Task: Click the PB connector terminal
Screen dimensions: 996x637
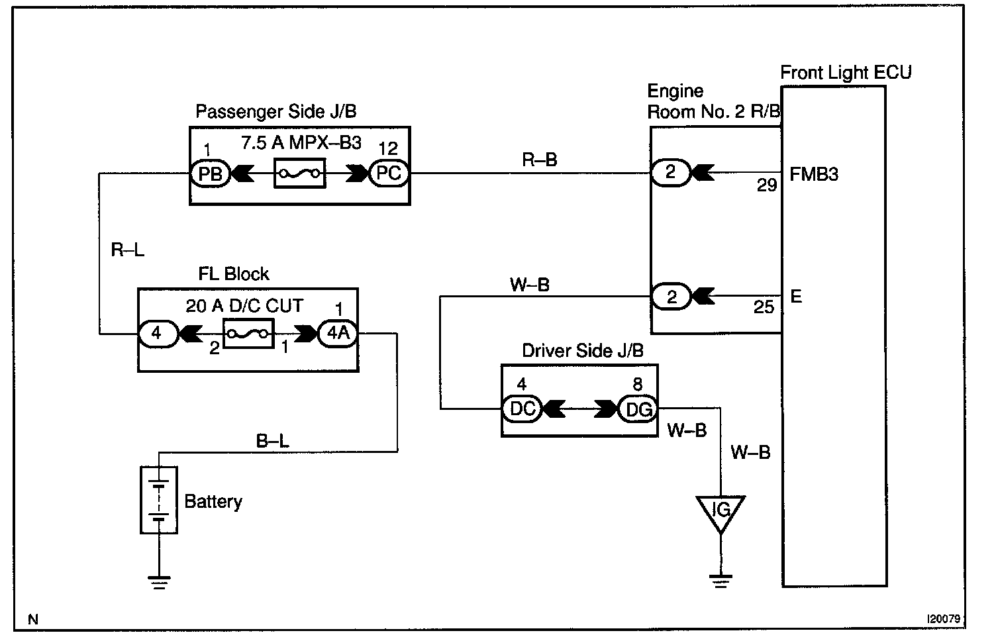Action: (211, 173)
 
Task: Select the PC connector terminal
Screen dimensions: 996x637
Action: (389, 173)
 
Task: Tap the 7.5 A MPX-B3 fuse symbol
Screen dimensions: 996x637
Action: (300, 173)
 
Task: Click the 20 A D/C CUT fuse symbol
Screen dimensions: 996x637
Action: (248, 333)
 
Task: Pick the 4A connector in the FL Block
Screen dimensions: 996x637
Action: (338, 333)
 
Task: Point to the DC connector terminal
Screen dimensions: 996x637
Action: (522, 409)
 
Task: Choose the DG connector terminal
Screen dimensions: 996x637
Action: (638, 409)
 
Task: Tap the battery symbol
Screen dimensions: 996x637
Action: (159, 500)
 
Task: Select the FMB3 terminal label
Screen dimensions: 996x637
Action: (814, 174)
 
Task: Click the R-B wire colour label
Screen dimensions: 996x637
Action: (539, 160)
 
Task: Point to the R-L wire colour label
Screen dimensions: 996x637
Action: (128, 250)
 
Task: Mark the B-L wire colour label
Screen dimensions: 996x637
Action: (272, 441)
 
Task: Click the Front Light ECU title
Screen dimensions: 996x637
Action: (846, 72)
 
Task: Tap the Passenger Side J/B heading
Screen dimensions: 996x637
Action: (275, 111)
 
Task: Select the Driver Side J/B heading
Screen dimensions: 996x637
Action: (583, 351)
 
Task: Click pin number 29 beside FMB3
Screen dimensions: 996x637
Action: (767, 185)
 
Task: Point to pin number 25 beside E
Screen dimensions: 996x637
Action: (764, 307)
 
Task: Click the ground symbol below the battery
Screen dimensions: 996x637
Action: (159, 582)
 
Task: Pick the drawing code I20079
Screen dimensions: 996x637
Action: (943, 618)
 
